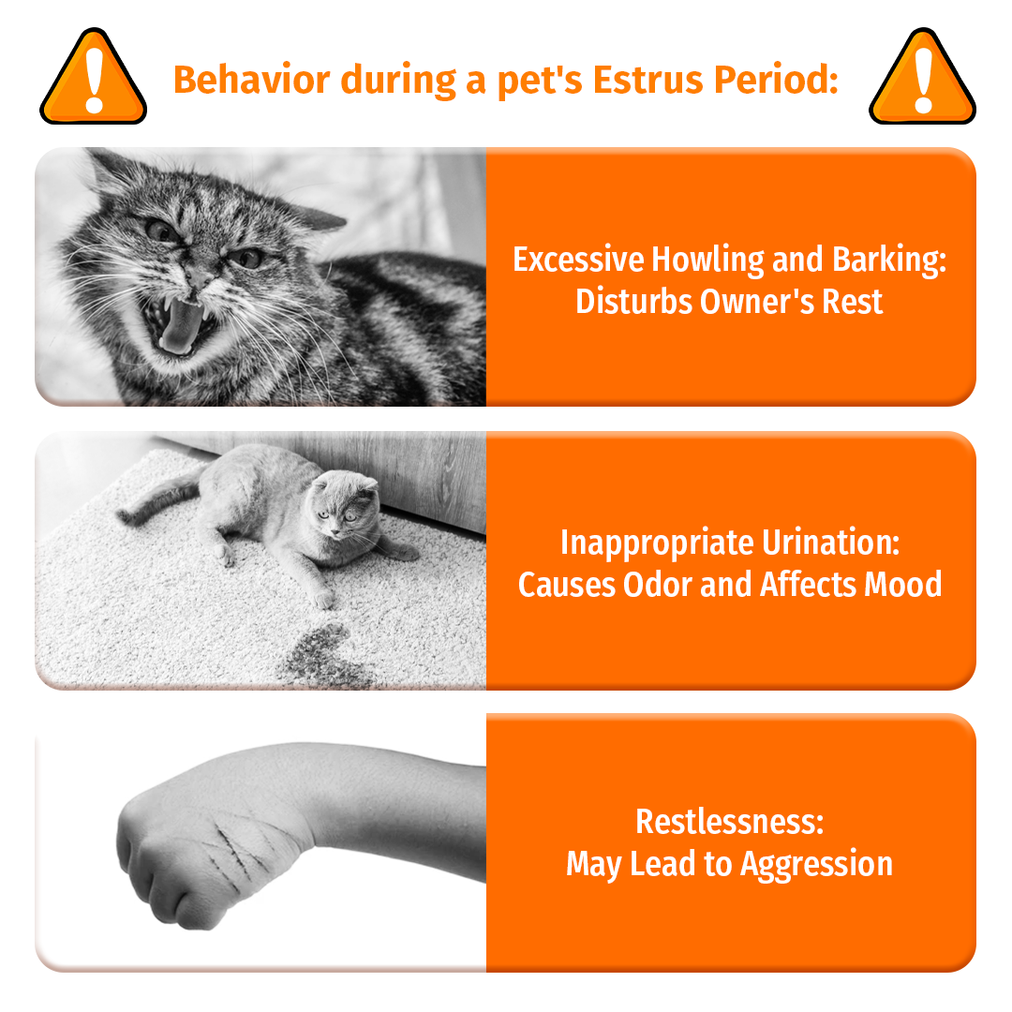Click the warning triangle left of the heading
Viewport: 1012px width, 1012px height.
pyautogui.click(x=92, y=80)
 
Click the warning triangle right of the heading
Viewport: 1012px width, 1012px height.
pyautogui.click(x=922, y=80)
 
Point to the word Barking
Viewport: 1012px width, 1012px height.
pyautogui.click(x=884, y=260)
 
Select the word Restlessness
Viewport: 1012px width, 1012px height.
pyautogui.click(x=729, y=821)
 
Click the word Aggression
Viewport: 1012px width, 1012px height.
pyautogui.click(x=816, y=864)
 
